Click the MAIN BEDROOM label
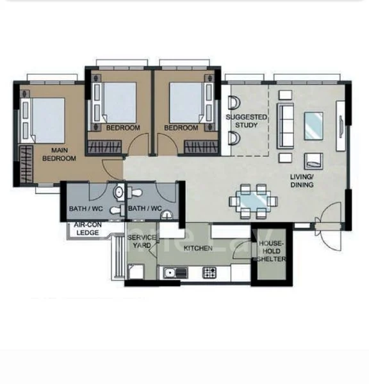point(59,154)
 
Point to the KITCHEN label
point(197,247)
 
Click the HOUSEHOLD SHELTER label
point(272,252)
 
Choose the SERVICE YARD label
point(142,241)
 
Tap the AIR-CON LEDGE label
point(86,229)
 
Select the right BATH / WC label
point(144,208)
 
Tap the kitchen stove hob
point(209,273)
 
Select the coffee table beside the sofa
point(313,124)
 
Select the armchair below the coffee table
point(313,160)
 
